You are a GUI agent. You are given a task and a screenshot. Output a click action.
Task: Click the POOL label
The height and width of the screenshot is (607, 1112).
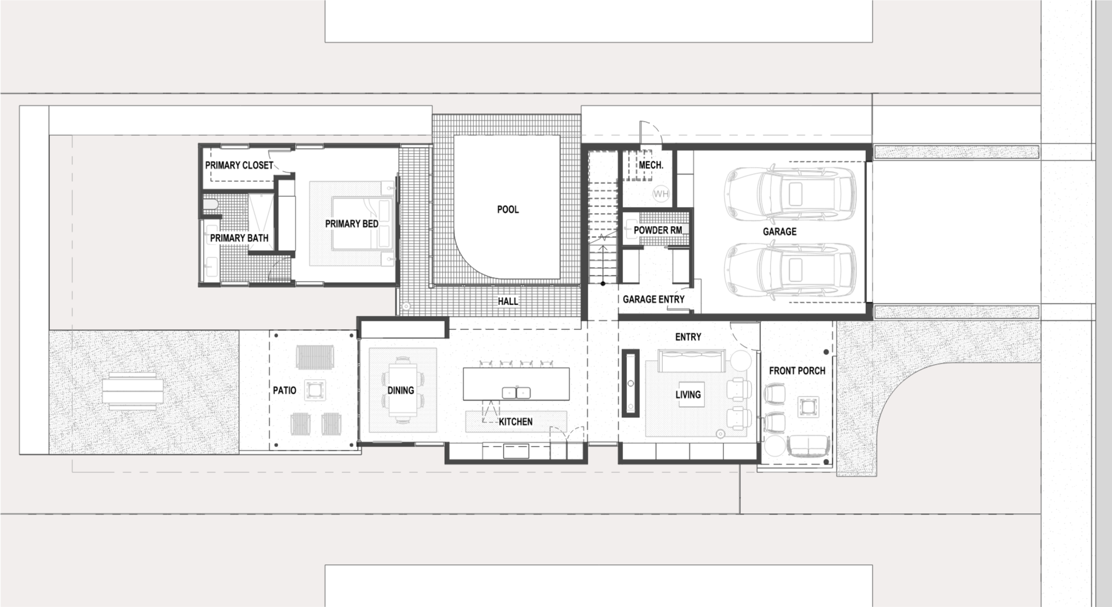[507, 209]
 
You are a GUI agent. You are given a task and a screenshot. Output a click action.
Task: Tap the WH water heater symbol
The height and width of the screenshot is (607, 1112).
[661, 194]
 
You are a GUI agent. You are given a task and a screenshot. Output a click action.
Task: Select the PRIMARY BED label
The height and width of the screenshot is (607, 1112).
[352, 224]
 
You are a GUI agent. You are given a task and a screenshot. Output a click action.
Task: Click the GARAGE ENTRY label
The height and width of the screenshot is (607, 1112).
[653, 300]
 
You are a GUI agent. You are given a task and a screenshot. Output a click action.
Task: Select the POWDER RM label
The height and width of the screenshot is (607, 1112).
[658, 231]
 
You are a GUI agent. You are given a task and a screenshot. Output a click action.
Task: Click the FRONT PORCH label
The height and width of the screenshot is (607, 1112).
[797, 371]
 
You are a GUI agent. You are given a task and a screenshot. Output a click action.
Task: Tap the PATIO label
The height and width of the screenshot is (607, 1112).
[284, 390]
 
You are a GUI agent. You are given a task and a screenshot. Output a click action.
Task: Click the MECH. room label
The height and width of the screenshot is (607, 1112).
[651, 165]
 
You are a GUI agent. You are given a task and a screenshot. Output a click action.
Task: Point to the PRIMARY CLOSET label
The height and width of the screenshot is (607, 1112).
[239, 165]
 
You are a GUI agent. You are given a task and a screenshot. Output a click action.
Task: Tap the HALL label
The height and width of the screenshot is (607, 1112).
[507, 301]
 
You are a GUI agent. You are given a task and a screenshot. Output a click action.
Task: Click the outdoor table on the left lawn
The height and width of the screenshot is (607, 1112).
[133, 390]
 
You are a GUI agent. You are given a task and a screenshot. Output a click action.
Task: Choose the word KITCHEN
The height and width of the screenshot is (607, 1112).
[515, 421]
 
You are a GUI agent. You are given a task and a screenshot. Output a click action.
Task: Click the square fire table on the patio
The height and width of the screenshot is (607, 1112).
[315, 390]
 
